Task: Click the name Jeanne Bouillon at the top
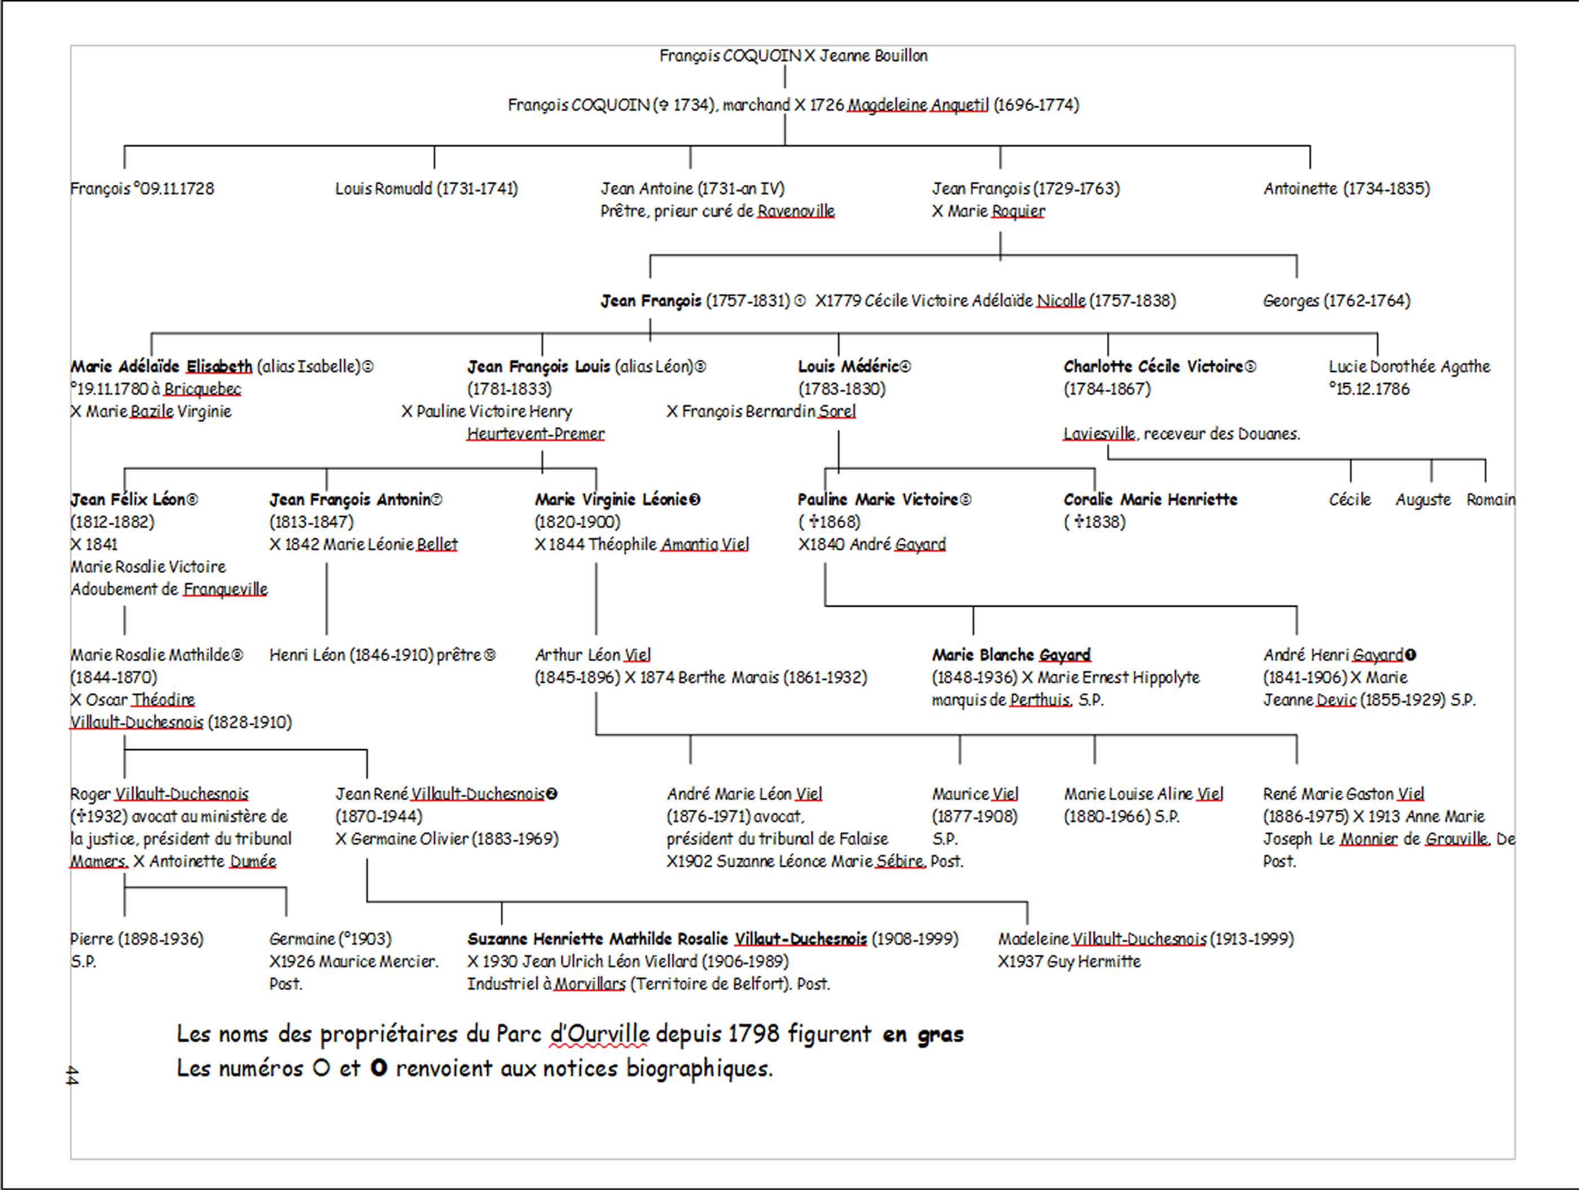pyautogui.click(x=873, y=56)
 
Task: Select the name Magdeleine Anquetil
pyautogui.click(x=917, y=105)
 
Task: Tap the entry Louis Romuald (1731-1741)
pyautogui.click(x=426, y=189)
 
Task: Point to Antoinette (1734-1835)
pyautogui.click(x=1346, y=189)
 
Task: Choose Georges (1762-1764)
pyautogui.click(x=1336, y=301)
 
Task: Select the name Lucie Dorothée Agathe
pyautogui.click(x=1409, y=367)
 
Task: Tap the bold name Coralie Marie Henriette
pyautogui.click(x=1150, y=500)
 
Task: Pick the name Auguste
pyautogui.click(x=1422, y=500)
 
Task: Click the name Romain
pyautogui.click(x=1490, y=500)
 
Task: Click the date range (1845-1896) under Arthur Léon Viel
pyautogui.click(x=577, y=678)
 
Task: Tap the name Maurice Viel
pyautogui.click(x=974, y=794)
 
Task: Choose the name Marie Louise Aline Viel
pyautogui.click(x=1143, y=794)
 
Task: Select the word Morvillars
pyautogui.click(x=589, y=984)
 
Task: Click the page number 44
pyautogui.click(x=72, y=1075)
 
